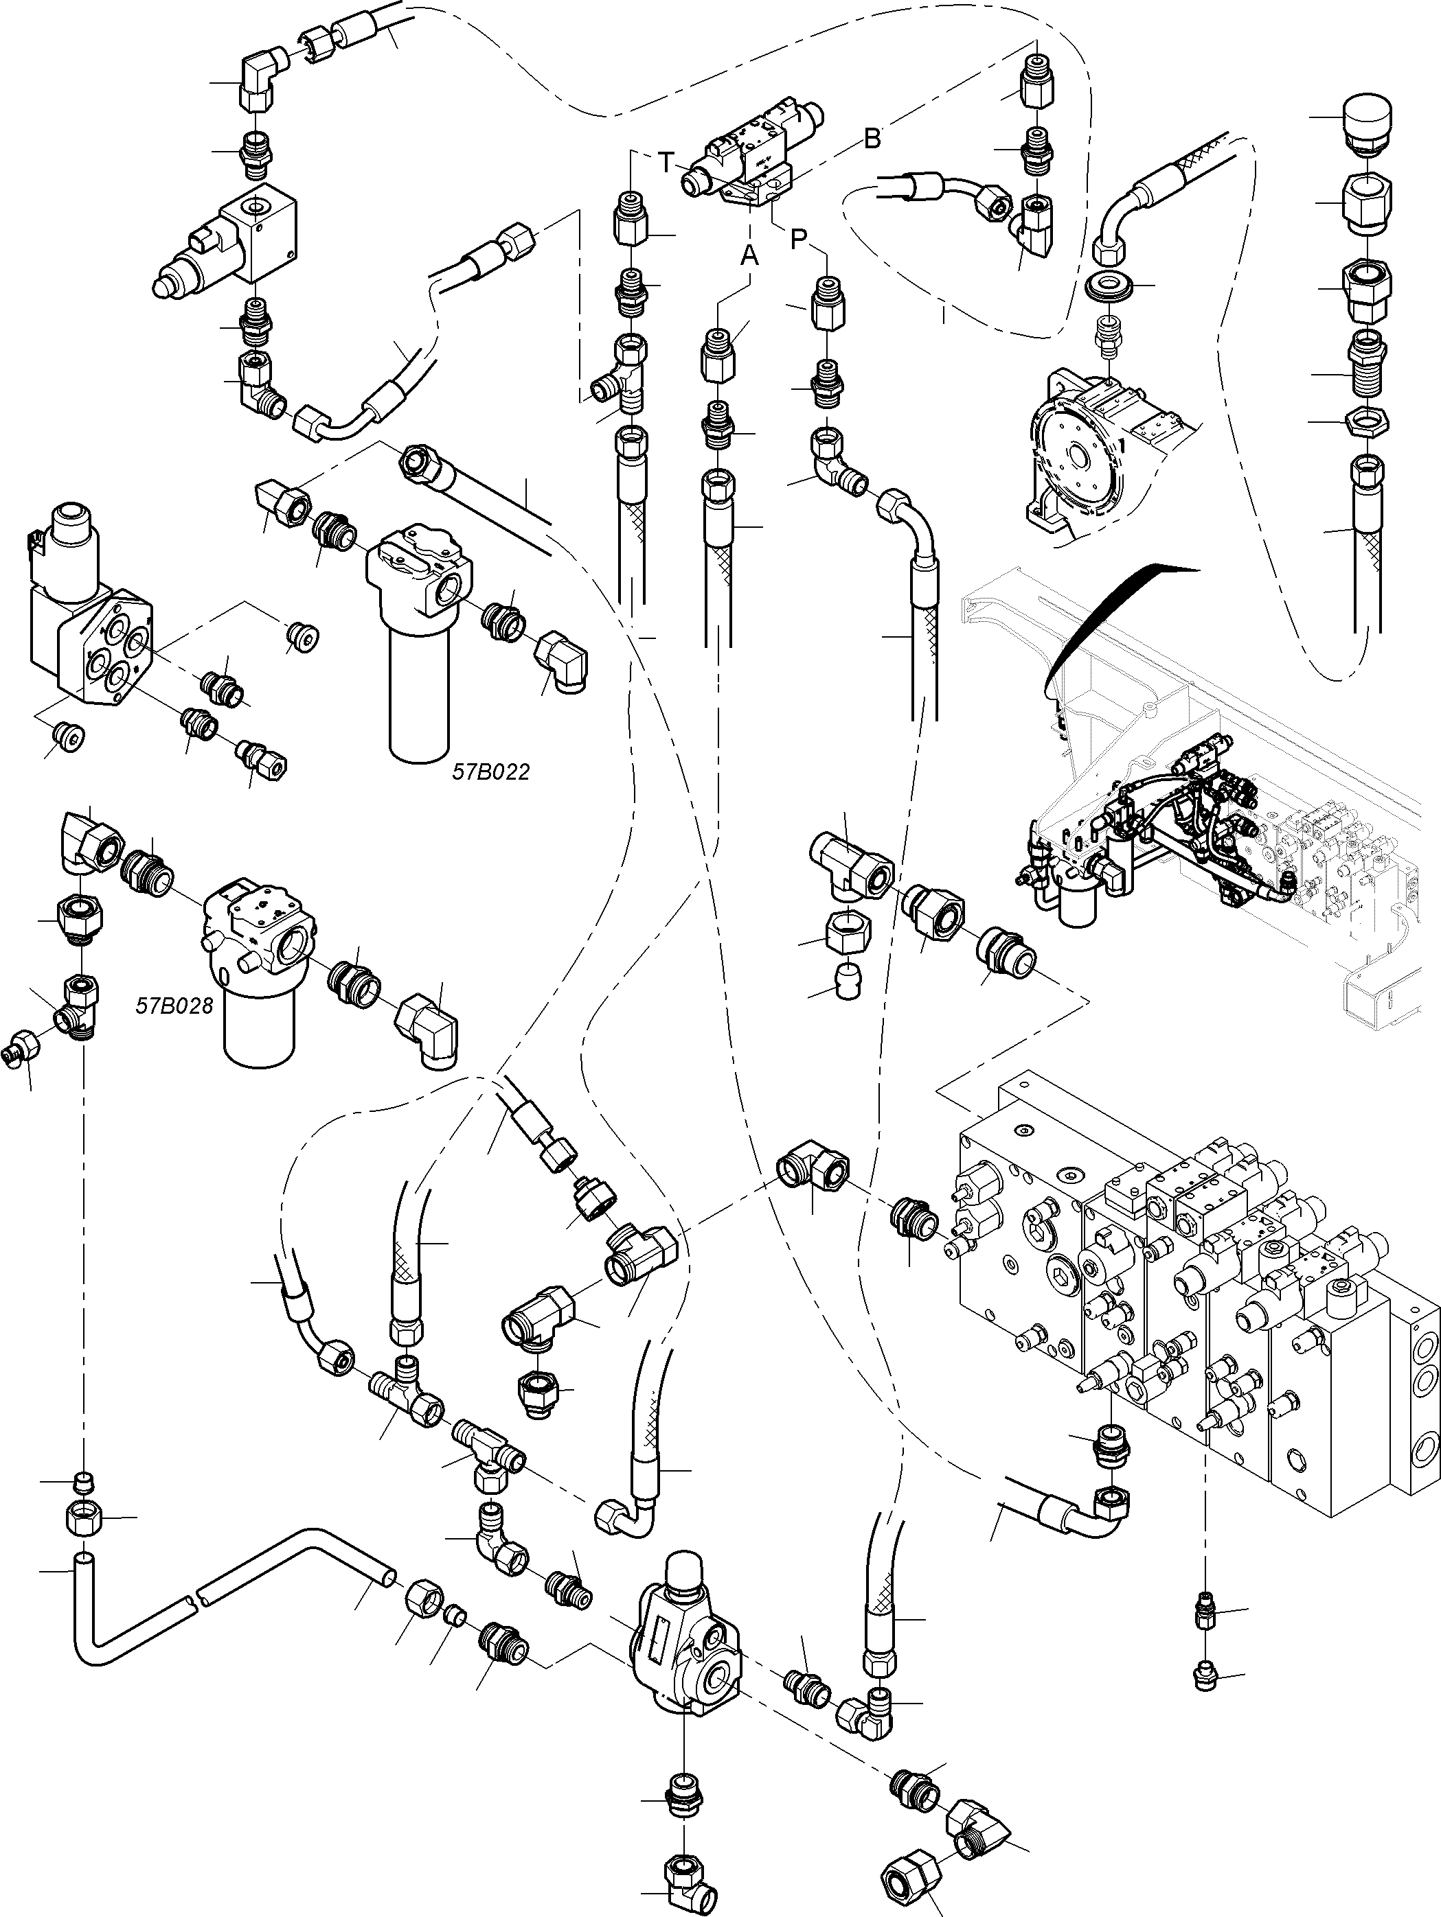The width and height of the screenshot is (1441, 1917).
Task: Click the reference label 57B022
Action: [x=490, y=771]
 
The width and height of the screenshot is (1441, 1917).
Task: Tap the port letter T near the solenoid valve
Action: [x=665, y=162]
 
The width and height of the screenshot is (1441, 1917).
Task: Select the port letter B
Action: [x=872, y=138]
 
